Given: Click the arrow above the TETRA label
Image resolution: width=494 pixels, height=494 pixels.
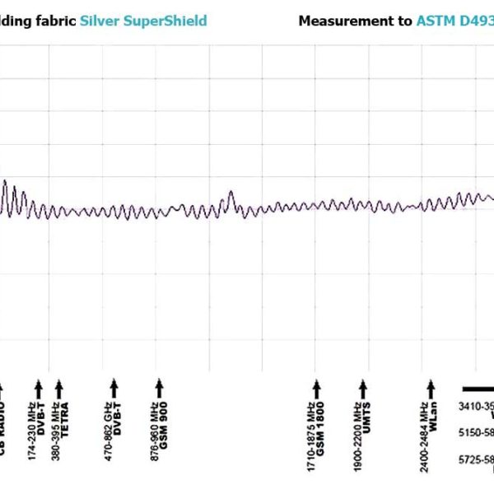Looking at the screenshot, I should (x=59, y=387).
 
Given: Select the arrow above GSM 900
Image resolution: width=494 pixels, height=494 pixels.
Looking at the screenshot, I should (x=161, y=387).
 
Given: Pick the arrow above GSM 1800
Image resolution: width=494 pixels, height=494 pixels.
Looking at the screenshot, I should (x=315, y=387).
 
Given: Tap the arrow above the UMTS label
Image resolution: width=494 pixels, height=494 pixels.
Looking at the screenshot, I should (x=362, y=387).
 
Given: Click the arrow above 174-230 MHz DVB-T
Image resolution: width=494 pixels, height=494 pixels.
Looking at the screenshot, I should (x=38, y=387).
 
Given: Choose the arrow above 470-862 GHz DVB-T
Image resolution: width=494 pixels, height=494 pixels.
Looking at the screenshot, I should (x=114, y=387).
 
